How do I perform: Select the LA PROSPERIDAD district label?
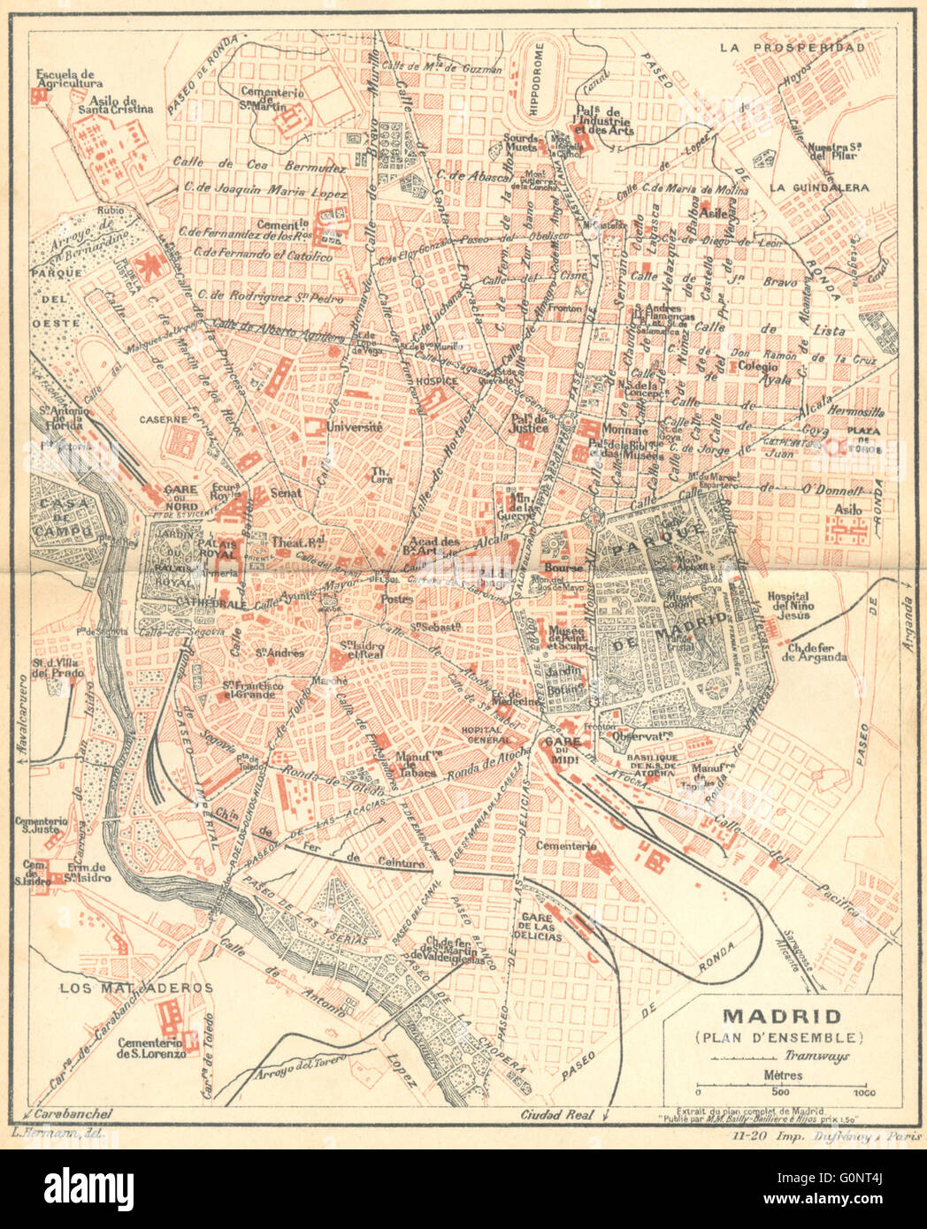tap(791, 48)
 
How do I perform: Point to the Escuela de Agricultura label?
tap(65, 79)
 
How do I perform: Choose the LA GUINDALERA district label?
tap(818, 187)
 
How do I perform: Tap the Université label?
tap(354, 427)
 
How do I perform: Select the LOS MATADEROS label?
tap(136, 988)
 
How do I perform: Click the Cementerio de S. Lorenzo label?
tap(150, 1048)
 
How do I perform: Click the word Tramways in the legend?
tap(816, 1056)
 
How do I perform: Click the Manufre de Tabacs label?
tap(418, 763)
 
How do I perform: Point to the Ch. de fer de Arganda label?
tap(815, 651)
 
